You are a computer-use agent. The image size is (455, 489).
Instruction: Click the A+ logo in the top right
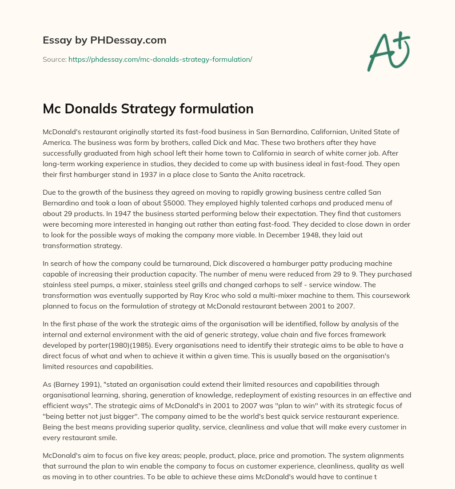(388, 51)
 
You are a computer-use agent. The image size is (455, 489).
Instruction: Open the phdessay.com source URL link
(160, 59)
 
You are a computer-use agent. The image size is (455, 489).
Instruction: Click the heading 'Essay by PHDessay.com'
(104, 40)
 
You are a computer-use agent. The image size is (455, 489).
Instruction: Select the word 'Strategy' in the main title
(156, 109)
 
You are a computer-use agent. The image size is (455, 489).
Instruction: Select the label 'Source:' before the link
(54, 59)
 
